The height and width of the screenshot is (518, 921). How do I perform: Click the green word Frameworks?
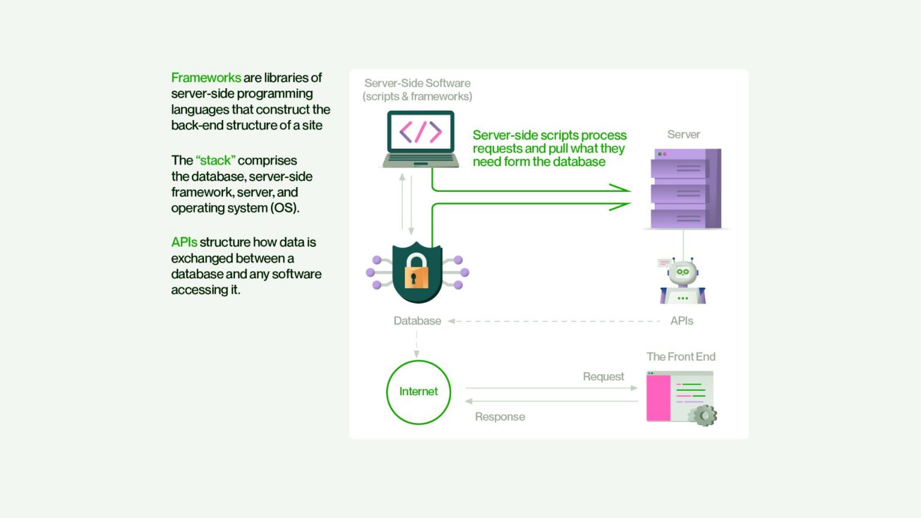[x=206, y=78]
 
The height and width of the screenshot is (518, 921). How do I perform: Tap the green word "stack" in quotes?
[x=215, y=160]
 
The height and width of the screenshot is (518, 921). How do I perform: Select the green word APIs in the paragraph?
[x=184, y=242]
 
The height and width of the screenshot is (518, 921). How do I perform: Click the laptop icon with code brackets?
[x=420, y=139]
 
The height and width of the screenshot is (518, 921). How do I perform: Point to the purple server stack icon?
[x=686, y=188]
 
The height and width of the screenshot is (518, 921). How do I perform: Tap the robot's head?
[x=682, y=272]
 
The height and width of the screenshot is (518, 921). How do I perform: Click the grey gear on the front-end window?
[x=705, y=415]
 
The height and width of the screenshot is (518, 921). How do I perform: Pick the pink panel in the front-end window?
[x=658, y=397]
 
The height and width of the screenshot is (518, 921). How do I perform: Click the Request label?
[x=603, y=377]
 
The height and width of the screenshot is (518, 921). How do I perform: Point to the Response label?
[x=500, y=417]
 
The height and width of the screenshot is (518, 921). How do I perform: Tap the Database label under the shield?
[x=417, y=321]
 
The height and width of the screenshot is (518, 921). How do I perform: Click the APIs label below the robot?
[x=682, y=321]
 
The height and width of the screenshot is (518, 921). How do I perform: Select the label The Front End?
[x=681, y=357]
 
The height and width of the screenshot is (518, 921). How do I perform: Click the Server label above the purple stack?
[x=684, y=134]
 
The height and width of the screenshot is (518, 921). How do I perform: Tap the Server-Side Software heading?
[x=417, y=83]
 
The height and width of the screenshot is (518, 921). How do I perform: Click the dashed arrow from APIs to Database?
[x=554, y=321]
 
